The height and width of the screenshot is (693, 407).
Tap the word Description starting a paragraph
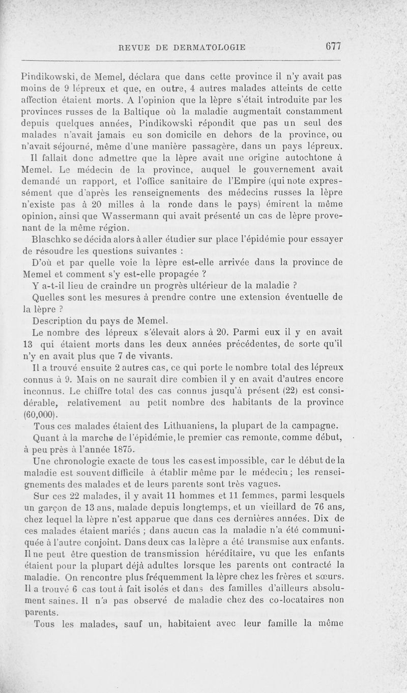[x=59, y=321]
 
